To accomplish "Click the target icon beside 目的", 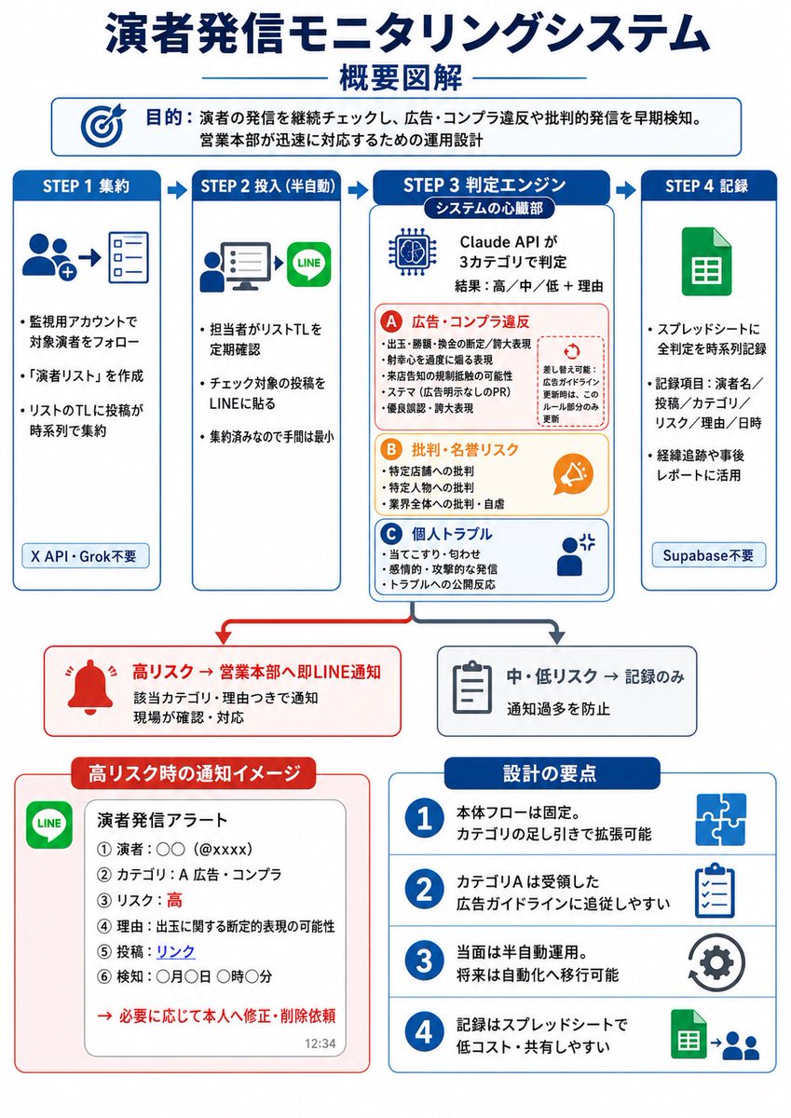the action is click(x=102, y=125).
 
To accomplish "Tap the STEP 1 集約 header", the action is click(x=87, y=186).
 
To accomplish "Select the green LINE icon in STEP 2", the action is click(x=309, y=264).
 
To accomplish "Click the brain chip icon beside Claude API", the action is click(x=413, y=252).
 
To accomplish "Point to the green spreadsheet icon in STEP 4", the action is click(x=706, y=262).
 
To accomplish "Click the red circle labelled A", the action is click(x=390, y=322).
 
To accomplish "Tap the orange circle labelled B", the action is click(x=390, y=450).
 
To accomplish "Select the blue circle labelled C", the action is click(x=390, y=535).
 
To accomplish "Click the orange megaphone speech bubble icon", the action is click(x=573, y=473).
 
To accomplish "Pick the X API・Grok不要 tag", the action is click(x=86, y=556).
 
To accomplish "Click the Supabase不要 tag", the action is click(x=709, y=555).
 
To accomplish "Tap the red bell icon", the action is click(x=90, y=687).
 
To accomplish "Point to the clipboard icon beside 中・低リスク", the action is click(x=471, y=689).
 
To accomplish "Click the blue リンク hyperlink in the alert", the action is click(x=176, y=951).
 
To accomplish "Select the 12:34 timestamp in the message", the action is click(x=320, y=1043).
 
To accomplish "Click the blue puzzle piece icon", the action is click(x=720, y=819).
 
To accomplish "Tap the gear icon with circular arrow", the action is click(x=716, y=962).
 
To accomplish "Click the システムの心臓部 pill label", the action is click(x=489, y=208).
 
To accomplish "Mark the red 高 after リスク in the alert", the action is click(x=174, y=900).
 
